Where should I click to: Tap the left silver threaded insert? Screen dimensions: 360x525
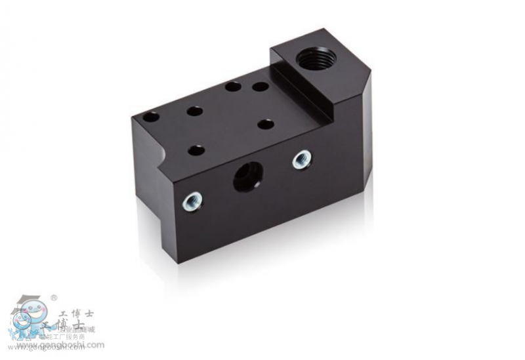(192, 201)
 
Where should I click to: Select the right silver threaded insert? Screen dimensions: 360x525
(302, 159)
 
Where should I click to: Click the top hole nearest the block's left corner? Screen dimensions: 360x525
(151, 117)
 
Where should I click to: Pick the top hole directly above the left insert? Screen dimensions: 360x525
(196, 150)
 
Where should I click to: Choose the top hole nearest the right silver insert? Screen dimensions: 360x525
(266, 123)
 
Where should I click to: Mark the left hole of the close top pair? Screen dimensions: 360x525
(232, 86)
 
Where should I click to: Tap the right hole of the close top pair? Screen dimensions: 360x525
(261, 86)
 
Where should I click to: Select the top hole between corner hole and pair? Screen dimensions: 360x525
(194, 111)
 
